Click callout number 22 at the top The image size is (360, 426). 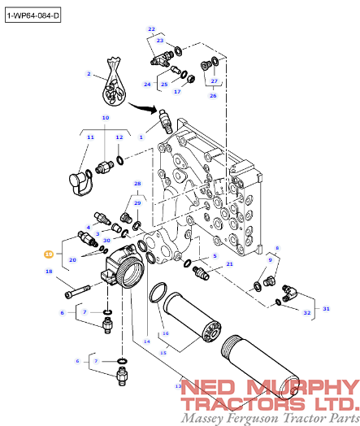click(151, 29)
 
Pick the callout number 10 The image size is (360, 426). click(105, 118)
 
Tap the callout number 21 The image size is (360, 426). click(230, 264)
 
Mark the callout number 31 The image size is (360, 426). click(327, 308)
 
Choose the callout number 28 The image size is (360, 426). click(137, 184)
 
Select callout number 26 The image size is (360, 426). click(213, 95)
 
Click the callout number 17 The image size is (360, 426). click(176, 91)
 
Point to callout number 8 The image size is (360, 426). click(277, 248)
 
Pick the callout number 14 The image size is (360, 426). click(147, 341)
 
